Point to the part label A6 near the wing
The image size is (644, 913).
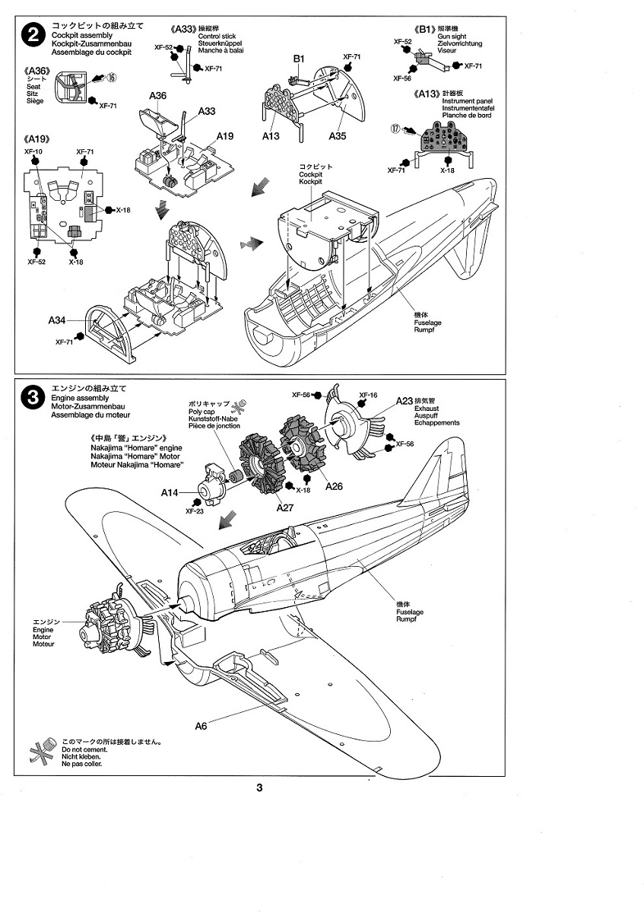[x=201, y=725]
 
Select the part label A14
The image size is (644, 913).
[x=170, y=492]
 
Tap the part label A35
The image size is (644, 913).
[x=338, y=136]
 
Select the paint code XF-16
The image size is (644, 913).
[x=368, y=396]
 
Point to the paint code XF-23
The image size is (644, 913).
[x=195, y=511]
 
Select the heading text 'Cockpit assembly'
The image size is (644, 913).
[x=80, y=36]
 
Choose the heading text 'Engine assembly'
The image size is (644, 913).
[x=80, y=398]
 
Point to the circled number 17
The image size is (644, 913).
[x=396, y=129]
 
